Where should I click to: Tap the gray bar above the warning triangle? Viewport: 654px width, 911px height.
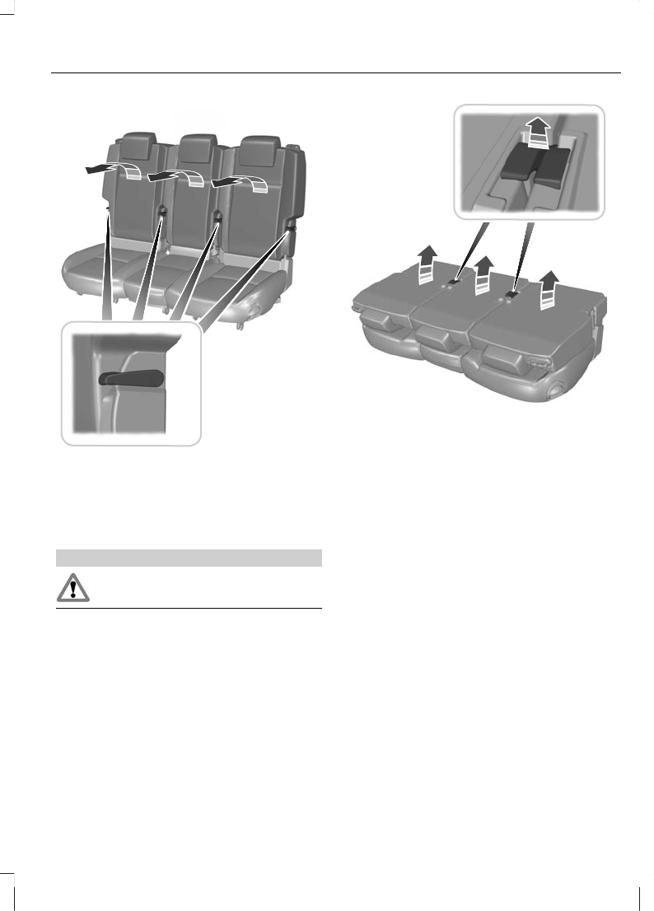[188, 558]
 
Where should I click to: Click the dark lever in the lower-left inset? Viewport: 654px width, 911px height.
[131, 378]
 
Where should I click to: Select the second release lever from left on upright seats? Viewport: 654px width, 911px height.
[161, 213]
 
